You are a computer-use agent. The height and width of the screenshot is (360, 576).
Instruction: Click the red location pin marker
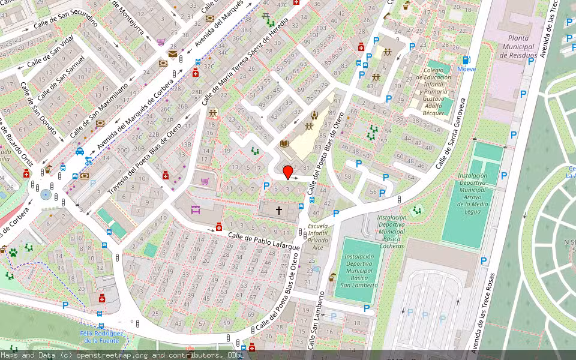coord(288,172)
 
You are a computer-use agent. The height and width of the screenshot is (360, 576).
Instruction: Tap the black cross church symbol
coord(278,211)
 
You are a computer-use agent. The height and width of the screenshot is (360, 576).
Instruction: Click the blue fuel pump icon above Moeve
coord(466,60)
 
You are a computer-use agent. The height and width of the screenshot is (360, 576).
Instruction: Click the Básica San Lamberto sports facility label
coord(358,271)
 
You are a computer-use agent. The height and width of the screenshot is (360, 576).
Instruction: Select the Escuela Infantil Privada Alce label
coord(317,236)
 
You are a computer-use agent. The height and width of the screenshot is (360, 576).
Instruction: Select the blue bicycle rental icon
coord(89,160)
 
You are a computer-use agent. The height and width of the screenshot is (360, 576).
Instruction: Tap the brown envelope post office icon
coord(173,55)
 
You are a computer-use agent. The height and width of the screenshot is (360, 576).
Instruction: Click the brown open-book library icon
coord(285,143)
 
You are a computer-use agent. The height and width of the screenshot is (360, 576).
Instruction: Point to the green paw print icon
coord(13,253)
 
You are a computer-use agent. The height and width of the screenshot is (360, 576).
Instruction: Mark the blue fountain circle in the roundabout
coord(46,194)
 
